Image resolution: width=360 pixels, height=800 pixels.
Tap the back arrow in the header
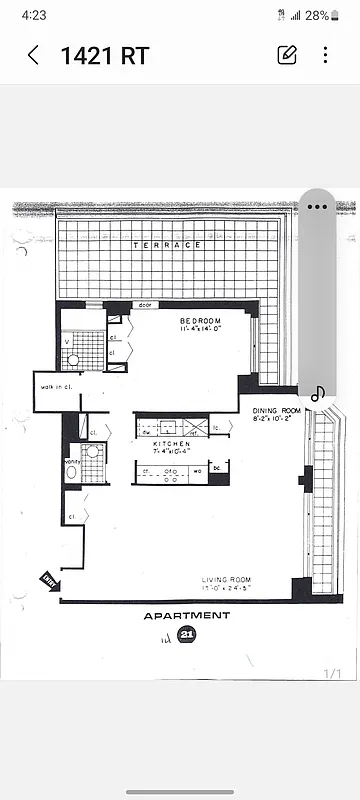pos(33,55)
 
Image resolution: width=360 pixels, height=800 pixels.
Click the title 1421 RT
pos(105,56)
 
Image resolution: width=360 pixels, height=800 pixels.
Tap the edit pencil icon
pos(287,55)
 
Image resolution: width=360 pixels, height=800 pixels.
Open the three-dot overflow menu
pos(326,55)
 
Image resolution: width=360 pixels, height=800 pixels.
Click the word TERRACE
pos(167,245)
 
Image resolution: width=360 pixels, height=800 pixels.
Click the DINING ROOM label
pos(275,411)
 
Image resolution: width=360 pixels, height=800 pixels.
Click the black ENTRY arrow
pos(49,580)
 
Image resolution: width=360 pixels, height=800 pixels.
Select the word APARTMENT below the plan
pos(187,616)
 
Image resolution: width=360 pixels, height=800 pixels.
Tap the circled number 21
pos(186,634)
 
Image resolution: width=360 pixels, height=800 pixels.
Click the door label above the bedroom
pos(144,305)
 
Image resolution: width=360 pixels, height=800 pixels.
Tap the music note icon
pos(318,394)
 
